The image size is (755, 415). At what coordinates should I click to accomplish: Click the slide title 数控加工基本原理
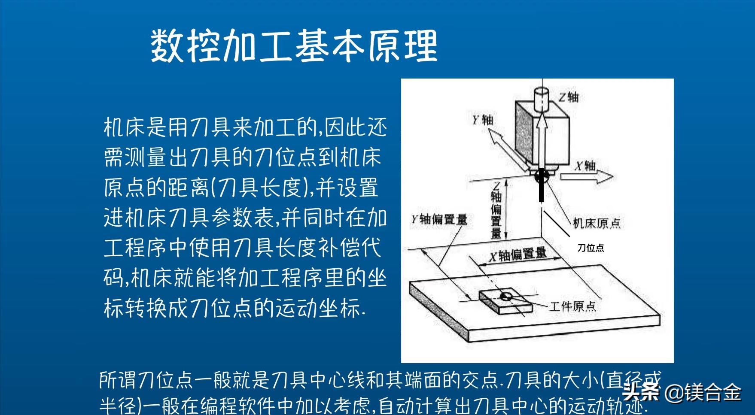click(x=294, y=46)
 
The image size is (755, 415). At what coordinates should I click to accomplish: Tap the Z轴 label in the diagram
click(x=569, y=97)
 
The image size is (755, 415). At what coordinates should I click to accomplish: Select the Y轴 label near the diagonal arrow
click(x=483, y=120)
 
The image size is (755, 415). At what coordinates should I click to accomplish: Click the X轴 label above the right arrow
click(x=585, y=166)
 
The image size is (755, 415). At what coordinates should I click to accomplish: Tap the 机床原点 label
click(x=597, y=223)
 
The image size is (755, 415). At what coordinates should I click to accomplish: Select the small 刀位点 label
click(x=591, y=248)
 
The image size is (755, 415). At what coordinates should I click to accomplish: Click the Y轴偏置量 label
click(x=439, y=220)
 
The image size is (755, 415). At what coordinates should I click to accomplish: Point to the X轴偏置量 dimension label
click(x=518, y=255)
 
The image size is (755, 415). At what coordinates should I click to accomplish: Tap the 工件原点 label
click(x=572, y=306)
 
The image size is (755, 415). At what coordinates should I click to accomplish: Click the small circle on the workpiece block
click(x=506, y=295)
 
